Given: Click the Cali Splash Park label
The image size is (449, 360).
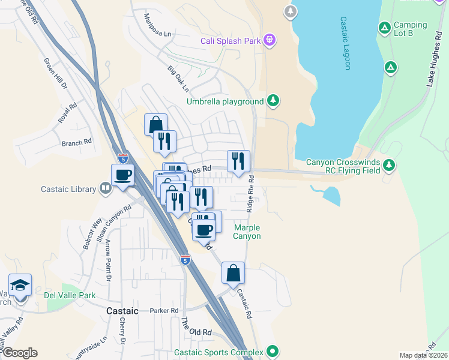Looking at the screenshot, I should coord(231,41).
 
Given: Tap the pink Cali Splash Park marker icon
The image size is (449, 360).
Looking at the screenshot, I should coord(270,40).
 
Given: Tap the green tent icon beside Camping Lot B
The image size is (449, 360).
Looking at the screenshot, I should coord(384,28).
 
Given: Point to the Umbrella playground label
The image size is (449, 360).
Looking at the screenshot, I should coord(225,101).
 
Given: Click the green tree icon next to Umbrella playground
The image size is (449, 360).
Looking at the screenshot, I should coord(274,100).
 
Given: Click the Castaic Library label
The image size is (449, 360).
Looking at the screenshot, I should coord(68,189).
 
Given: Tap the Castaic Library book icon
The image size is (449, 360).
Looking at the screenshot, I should coord(106,189).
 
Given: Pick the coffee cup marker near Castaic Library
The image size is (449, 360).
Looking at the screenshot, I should coord(123,175).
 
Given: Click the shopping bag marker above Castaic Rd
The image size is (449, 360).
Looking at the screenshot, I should coord(233,273).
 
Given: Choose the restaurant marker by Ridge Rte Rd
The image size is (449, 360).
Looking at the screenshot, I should coord(238,161).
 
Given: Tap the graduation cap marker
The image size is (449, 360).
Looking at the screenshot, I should coord(20,285).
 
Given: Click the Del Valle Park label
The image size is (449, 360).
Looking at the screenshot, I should coord(70,295).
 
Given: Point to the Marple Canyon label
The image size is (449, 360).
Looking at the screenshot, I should coord(247,232).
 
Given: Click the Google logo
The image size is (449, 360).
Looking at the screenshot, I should coord(19,353).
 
